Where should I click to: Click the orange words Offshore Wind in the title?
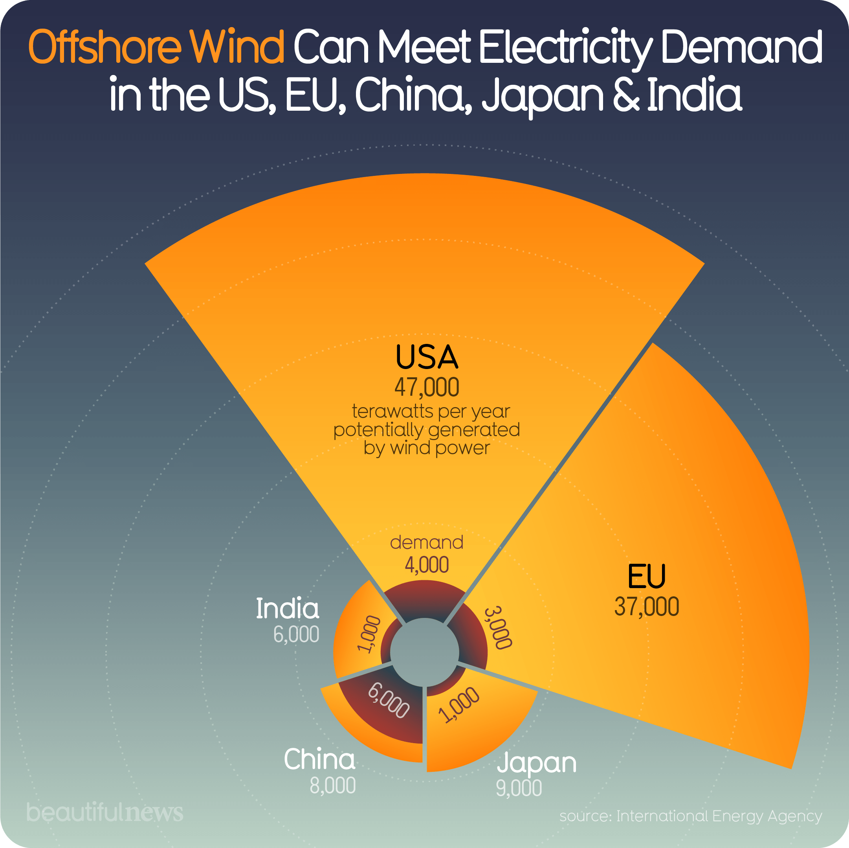tap(156, 48)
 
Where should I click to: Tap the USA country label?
tap(426, 357)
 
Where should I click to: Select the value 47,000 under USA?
tap(426, 387)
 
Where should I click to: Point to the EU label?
tap(646, 576)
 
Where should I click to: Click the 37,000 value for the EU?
tap(646, 607)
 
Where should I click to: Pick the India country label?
tap(288, 609)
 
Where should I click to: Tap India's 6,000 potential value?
tap(296, 634)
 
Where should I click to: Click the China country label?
tap(319, 759)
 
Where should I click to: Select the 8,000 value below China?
tap(333, 786)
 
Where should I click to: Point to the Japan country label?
tap(537, 763)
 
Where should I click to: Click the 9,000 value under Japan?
tap(519, 788)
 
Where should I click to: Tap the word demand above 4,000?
tap(426, 543)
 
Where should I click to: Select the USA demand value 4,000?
tap(426, 565)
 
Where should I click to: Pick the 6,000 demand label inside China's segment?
tap(389, 701)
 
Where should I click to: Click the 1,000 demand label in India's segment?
tap(368, 634)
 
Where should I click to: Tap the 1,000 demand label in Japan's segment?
tap(460, 705)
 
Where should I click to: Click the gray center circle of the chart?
tap(424, 652)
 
